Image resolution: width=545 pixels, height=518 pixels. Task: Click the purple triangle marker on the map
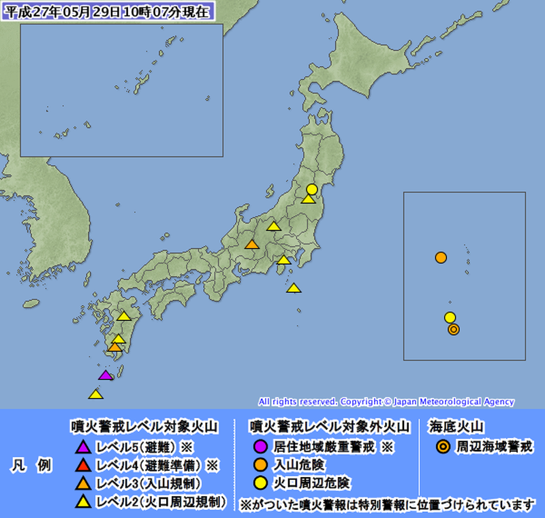click(x=105, y=375)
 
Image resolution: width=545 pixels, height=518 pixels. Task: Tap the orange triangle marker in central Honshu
click(x=251, y=245)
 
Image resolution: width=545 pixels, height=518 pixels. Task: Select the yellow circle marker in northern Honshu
click(x=311, y=189)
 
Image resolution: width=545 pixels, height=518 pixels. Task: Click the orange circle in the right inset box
click(x=441, y=258)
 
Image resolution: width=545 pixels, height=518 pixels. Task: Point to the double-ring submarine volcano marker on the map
click(x=454, y=329)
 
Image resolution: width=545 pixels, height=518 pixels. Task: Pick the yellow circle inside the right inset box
click(x=450, y=317)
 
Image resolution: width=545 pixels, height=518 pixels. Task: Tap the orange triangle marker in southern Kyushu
click(x=114, y=347)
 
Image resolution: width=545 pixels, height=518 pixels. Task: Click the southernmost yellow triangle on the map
click(x=96, y=394)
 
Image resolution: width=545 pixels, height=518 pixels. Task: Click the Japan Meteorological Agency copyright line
click(x=386, y=401)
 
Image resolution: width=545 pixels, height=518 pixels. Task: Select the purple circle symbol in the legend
click(x=260, y=447)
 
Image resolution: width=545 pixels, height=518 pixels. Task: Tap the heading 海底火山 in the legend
click(x=456, y=427)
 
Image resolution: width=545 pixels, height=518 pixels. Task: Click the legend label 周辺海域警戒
click(x=495, y=447)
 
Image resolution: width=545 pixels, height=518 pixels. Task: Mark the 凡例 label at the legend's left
click(x=33, y=466)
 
